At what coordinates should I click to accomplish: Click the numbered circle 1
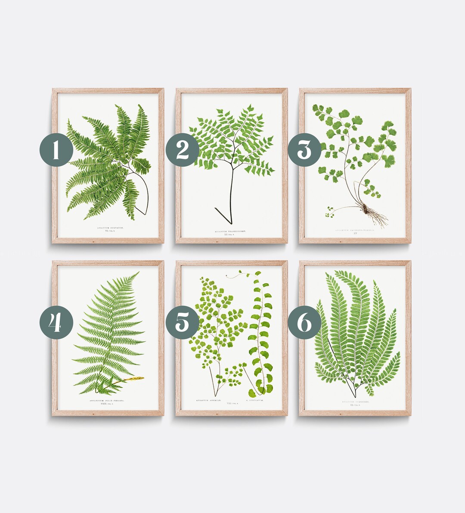[56, 150]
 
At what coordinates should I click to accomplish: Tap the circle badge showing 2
[183, 150]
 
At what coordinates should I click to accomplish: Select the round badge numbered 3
[304, 150]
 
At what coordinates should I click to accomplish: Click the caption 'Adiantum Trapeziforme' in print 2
[232, 231]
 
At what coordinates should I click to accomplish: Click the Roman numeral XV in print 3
[355, 234]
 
